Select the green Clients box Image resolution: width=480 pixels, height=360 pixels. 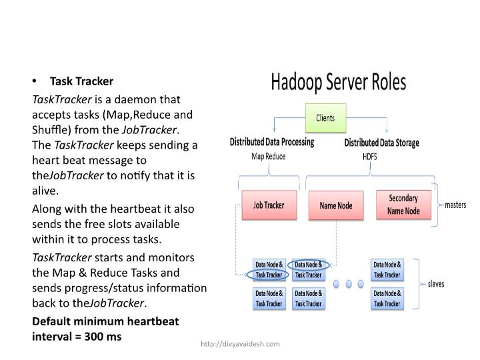click(325, 119)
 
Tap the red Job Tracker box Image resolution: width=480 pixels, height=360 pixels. click(268, 205)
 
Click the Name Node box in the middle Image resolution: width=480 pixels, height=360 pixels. click(335, 206)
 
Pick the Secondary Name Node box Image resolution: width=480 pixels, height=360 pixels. click(403, 205)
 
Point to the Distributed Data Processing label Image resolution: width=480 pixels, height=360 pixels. click(271, 142)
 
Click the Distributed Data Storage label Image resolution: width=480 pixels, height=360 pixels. click(382, 143)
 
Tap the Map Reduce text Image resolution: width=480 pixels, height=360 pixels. click(267, 157)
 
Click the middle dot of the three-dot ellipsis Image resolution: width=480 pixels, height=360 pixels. click(347, 283)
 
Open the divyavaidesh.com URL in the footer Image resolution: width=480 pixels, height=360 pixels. click(240, 343)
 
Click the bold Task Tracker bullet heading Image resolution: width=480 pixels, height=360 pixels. click(81, 81)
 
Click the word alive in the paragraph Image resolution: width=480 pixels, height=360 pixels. click(45, 190)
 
